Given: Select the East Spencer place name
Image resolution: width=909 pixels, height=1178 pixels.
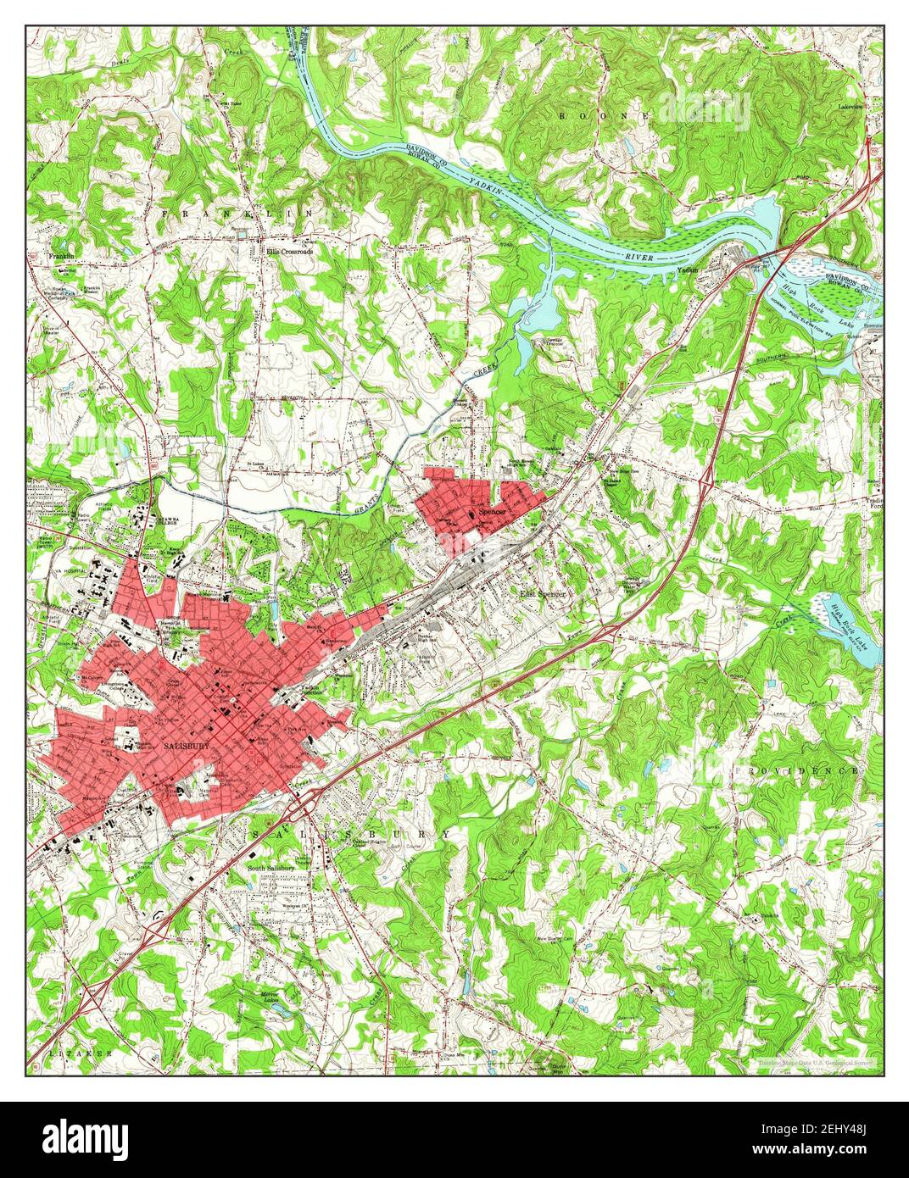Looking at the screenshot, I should pyautogui.click(x=543, y=594).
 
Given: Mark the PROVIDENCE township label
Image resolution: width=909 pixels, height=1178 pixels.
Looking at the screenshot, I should pyautogui.click(x=797, y=770).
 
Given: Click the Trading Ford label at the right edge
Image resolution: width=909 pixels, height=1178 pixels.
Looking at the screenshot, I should pyautogui.click(x=870, y=502).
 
